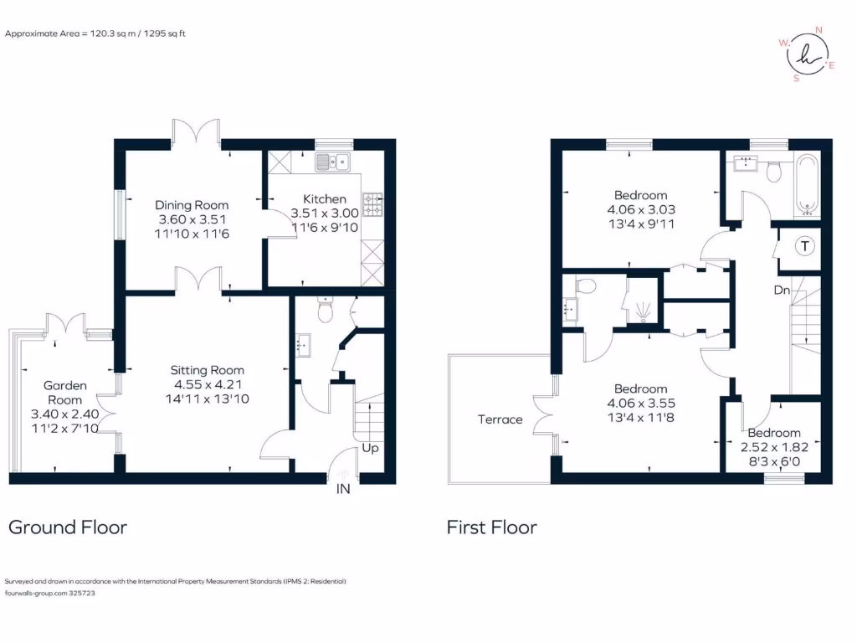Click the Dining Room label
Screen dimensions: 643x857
(x=192, y=205)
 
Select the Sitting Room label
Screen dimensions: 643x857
(x=207, y=370)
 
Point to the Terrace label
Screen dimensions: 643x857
(x=500, y=419)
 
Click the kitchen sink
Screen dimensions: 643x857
(x=335, y=161)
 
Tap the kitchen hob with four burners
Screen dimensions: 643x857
(x=372, y=203)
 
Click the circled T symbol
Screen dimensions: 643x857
(x=804, y=246)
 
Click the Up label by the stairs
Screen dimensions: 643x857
(x=370, y=448)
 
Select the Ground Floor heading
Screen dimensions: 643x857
(x=68, y=527)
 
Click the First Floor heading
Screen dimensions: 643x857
(x=491, y=527)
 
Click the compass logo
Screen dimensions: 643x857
(x=806, y=54)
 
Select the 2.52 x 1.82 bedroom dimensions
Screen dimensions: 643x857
(x=774, y=447)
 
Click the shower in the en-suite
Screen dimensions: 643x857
(x=643, y=311)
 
